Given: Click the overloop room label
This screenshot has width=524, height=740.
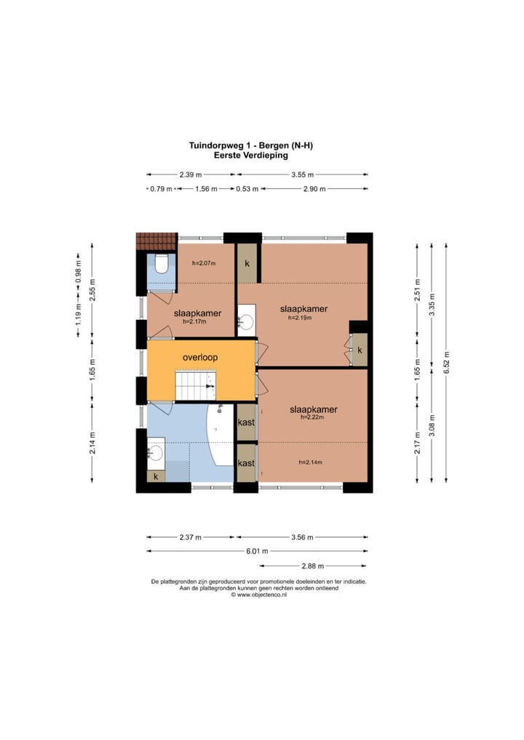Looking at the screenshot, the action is click(x=200, y=357).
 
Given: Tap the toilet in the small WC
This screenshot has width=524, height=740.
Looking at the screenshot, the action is click(x=161, y=265).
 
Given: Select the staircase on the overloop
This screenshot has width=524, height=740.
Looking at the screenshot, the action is click(x=195, y=385).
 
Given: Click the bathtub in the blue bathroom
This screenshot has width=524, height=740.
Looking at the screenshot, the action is click(x=221, y=435).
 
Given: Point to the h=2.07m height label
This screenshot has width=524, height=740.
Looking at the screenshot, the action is click(x=204, y=263).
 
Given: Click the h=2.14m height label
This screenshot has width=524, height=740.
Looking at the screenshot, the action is click(x=311, y=462).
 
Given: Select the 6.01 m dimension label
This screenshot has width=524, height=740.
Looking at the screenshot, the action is click(x=257, y=551).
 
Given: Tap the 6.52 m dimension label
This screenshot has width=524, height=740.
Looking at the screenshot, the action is click(x=447, y=363).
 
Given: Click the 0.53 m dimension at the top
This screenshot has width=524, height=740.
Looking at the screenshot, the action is click(x=247, y=189).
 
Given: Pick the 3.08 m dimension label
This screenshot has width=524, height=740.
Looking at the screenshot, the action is click(x=432, y=426).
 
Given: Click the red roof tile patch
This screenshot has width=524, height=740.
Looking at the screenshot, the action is click(x=156, y=241).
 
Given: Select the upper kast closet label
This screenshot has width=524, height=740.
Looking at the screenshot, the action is click(x=246, y=422).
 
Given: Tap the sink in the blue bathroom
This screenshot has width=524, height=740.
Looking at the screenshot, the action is click(x=156, y=453).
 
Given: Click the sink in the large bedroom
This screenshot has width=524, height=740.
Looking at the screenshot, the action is click(x=246, y=321).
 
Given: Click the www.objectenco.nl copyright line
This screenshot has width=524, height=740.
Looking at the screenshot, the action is click(x=258, y=595).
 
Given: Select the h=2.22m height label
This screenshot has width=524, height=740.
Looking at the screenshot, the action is click(x=312, y=417).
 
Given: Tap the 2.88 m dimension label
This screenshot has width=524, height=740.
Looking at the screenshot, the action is click(x=313, y=566).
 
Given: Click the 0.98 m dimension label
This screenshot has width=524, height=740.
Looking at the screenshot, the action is click(x=79, y=273).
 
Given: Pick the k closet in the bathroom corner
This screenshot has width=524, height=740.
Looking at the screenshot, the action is click(x=156, y=477).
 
